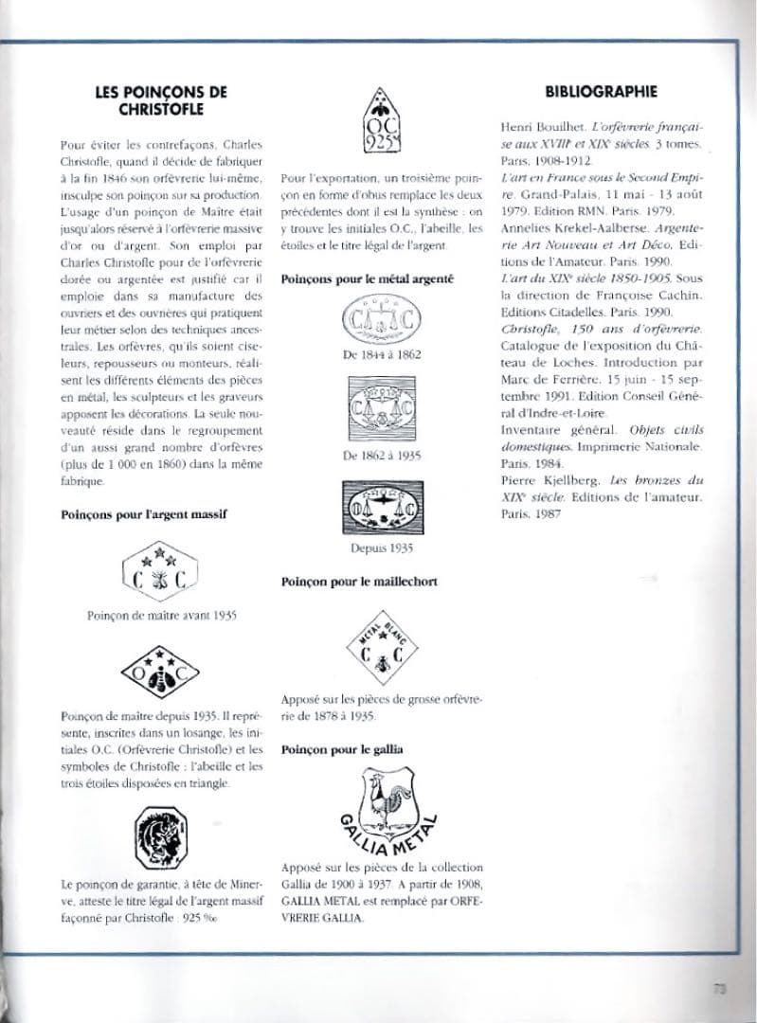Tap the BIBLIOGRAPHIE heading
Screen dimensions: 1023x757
601,92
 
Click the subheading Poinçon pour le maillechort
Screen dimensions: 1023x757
359,582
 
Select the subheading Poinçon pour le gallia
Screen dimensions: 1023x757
342,749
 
